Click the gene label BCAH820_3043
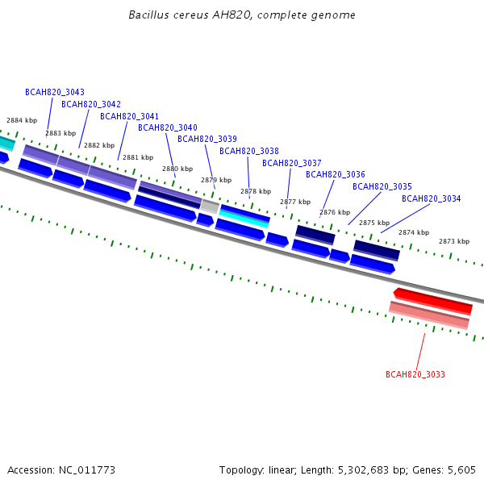55,92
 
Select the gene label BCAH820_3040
168,127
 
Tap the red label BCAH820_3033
415,374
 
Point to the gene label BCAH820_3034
432,198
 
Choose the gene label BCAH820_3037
292,163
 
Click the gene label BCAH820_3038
249,151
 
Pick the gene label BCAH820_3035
382,186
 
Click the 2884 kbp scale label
22,120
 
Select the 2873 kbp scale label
454,241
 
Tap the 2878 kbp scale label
256,191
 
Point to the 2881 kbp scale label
138,157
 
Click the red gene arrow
432,301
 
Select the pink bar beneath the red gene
429,315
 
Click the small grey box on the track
210,207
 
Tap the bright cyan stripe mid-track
244,219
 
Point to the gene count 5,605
461,470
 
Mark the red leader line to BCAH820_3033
420,352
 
